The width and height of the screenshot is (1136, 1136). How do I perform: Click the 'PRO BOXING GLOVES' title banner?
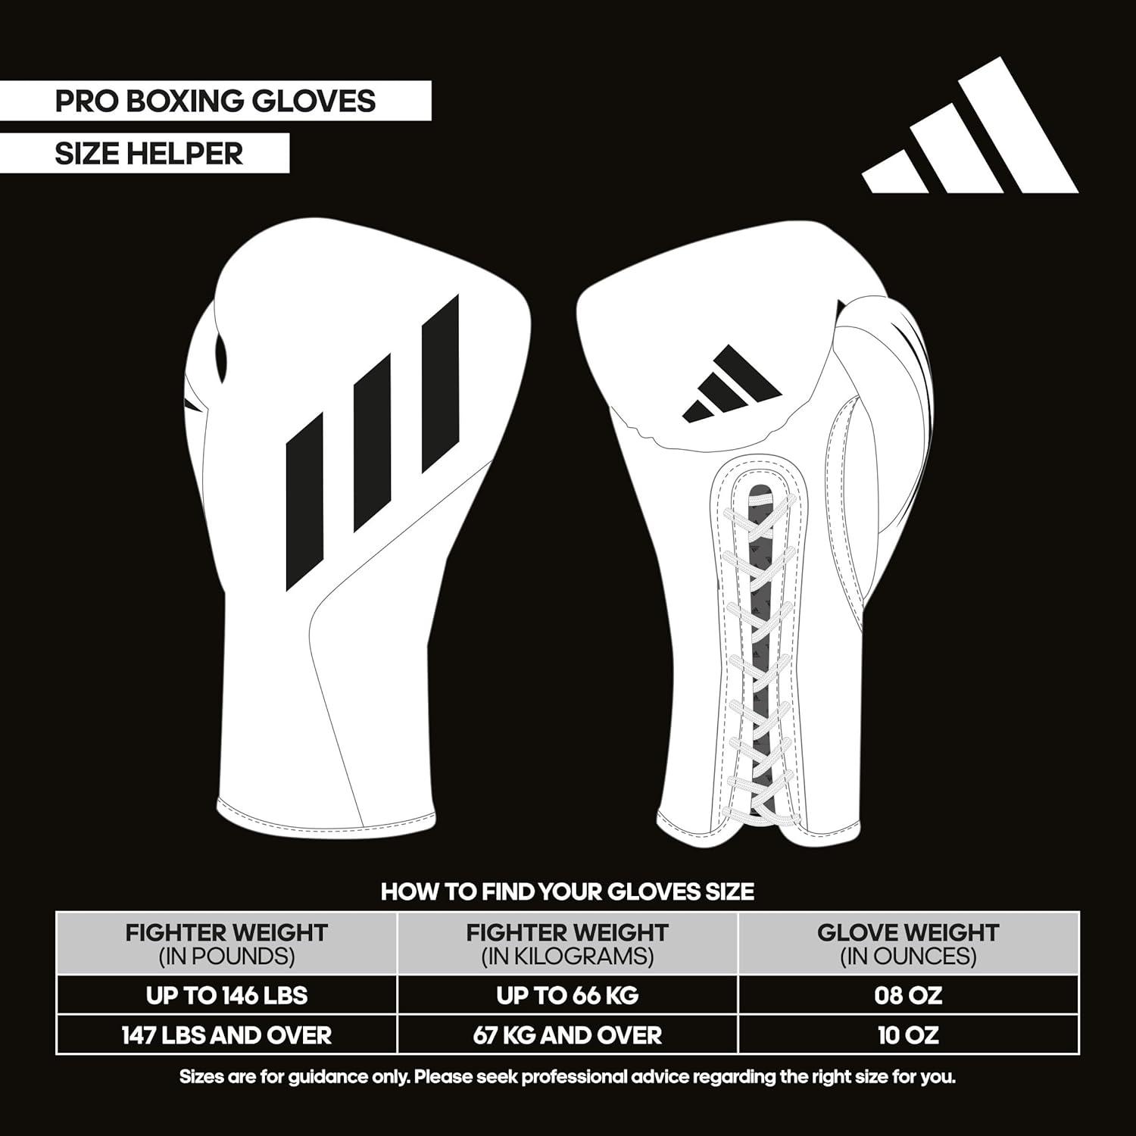pos(215,101)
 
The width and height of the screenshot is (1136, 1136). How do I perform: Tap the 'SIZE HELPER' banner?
pos(145,153)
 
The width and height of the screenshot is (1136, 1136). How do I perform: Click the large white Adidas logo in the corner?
pos(970,125)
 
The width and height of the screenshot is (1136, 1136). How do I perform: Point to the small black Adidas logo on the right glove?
pos(732,383)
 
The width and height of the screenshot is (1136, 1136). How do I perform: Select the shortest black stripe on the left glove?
pos(305,502)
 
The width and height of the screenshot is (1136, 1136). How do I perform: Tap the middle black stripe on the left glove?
pos(373,442)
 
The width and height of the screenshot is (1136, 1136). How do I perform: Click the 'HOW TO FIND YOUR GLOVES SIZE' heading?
pos(567,891)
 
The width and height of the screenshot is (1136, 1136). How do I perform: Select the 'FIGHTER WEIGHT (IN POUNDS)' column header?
pos(226,944)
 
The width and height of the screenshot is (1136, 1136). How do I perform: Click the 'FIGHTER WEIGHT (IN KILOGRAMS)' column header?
pos(567,944)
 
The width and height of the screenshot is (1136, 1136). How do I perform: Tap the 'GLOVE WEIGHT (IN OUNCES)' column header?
pos(908,944)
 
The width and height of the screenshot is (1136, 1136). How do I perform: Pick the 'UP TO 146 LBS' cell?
pos(226,995)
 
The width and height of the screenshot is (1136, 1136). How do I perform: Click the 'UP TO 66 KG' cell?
pos(567,995)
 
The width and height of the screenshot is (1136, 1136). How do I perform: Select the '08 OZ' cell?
pos(908,995)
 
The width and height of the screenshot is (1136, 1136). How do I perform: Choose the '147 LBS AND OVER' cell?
pos(226,1035)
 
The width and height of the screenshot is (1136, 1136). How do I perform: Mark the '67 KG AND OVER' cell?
pos(567,1035)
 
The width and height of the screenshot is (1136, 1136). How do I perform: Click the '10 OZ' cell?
pos(908,1035)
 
